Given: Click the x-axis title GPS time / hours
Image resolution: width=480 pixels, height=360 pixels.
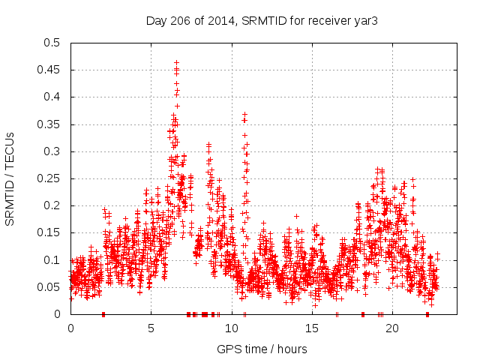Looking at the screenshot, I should coord(262,349).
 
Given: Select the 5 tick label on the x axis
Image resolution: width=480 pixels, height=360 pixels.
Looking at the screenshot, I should coord(151,328).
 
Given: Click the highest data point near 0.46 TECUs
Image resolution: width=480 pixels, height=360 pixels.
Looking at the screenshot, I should coord(176,63).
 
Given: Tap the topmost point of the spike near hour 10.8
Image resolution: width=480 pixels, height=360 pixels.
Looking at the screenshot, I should coord(244,114).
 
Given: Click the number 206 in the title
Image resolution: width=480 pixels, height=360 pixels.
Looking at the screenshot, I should coord(182,21).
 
